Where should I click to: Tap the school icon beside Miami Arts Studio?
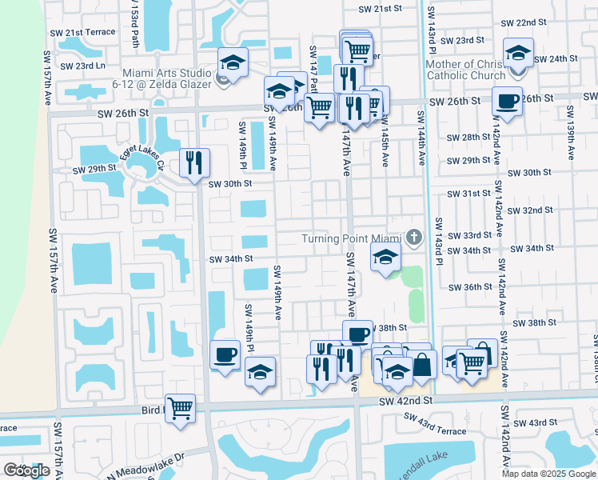[x=233, y=63]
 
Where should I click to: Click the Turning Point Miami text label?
[x=349, y=238]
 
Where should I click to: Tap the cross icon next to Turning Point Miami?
[x=413, y=237]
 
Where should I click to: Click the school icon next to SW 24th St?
[x=518, y=54]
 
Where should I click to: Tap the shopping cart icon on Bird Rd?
[x=181, y=408]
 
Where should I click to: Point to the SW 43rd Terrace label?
[x=435, y=424]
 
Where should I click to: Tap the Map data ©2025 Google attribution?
[x=548, y=474]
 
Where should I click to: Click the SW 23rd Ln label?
[x=82, y=66]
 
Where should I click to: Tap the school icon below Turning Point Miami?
[x=385, y=259]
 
